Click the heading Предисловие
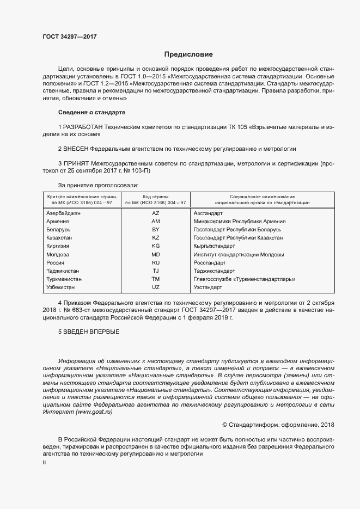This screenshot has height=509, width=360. tap(188, 54)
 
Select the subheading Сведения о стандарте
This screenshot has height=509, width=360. tap(91, 112)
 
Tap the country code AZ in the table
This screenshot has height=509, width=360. tap(155, 213)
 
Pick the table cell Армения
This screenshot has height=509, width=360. tap(58, 222)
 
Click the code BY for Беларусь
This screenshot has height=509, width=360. tap(155, 230)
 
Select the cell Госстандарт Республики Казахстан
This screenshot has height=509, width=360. tap(238, 238)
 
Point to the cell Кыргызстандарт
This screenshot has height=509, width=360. tap(215, 246)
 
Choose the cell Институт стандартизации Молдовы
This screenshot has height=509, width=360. tap(239, 254)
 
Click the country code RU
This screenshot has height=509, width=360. tap(155, 262)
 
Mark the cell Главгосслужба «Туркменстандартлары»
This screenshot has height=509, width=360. tap(245, 279)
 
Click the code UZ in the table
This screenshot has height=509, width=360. tap(155, 287)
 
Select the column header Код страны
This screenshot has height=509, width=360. tap(155, 196)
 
